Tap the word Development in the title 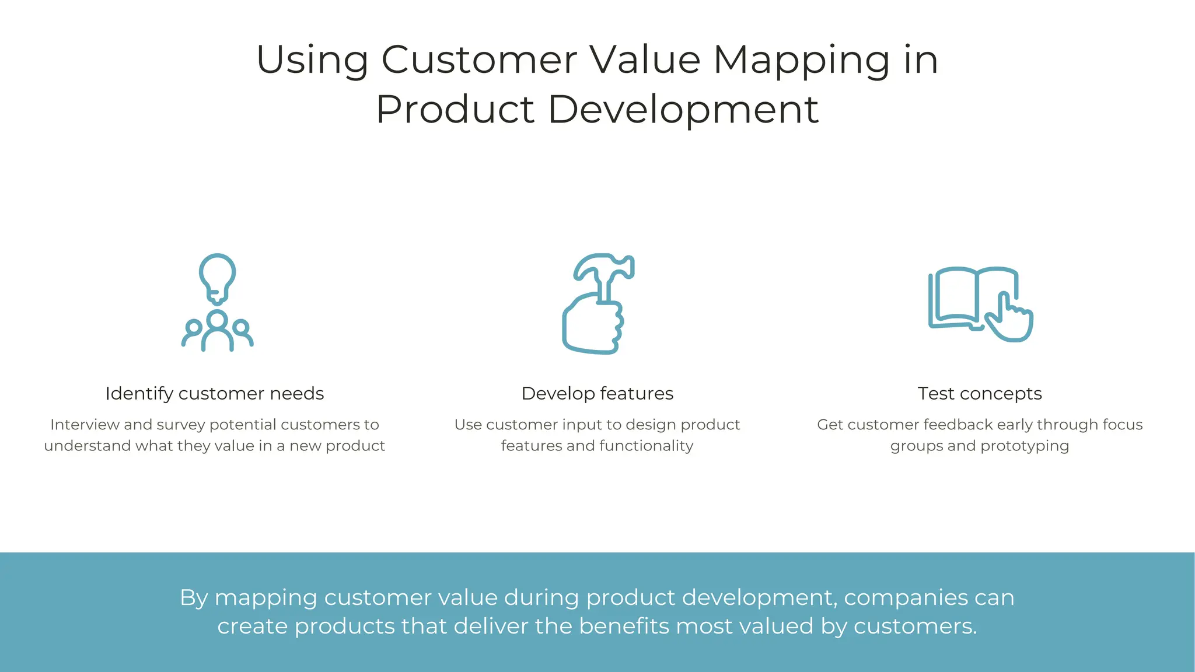tap(683, 110)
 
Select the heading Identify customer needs tap(214, 394)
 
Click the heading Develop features tap(597, 394)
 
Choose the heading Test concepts tap(979, 394)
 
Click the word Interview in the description tap(85, 425)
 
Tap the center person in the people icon tap(217, 330)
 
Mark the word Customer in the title tap(479, 60)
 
